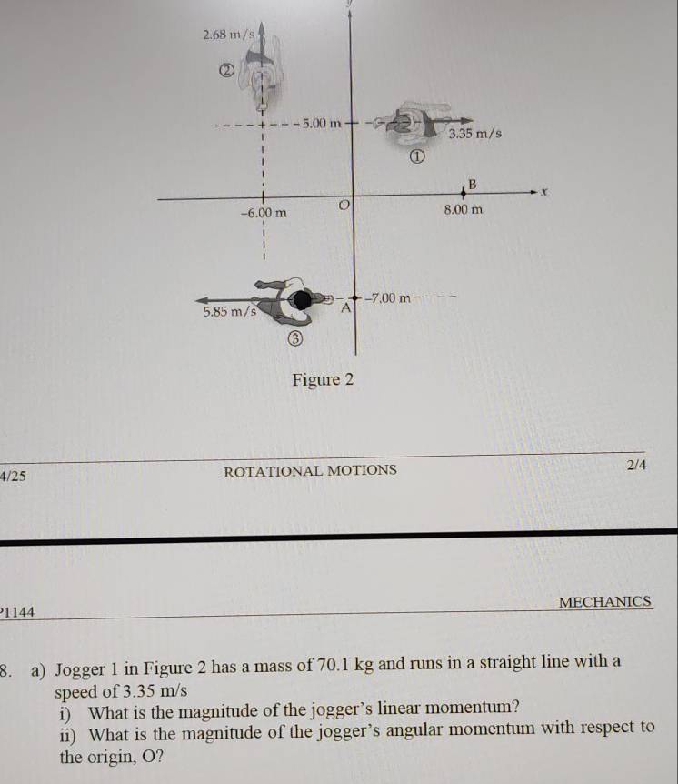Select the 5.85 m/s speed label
click(227, 312)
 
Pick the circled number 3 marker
click(294, 339)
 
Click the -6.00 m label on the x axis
click(264, 213)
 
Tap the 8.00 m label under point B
click(463, 210)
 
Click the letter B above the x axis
click(471, 184)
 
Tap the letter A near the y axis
click(345, 309)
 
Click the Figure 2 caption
click(322, 379)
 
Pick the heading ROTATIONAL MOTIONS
click(310, 470)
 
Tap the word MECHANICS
click(605, 602)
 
